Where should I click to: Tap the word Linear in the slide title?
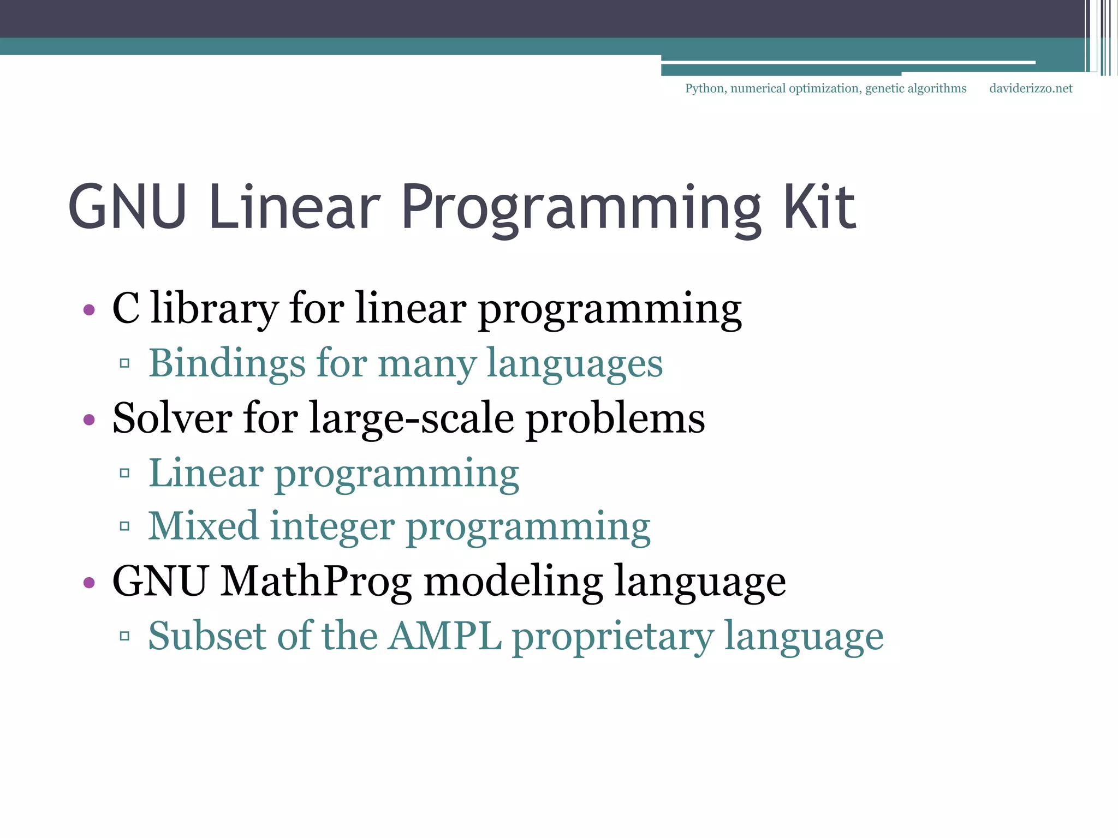294,207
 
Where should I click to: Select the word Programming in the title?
581,210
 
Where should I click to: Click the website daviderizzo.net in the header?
1031,88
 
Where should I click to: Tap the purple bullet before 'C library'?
89,310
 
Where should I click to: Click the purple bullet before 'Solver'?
89,420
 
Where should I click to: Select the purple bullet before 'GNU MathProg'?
89,583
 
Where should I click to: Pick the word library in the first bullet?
214,309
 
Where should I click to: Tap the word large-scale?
412,419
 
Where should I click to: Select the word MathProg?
316,582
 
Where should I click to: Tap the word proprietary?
612,637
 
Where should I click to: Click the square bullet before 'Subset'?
124,636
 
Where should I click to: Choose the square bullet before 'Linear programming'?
124,472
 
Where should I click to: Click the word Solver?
172,418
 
